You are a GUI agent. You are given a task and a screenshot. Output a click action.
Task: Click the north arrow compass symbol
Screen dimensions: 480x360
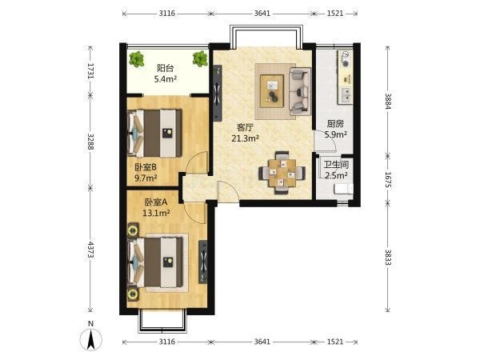tap(91, 339)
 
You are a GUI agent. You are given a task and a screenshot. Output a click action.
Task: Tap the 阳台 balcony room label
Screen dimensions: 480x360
tap(166, 68)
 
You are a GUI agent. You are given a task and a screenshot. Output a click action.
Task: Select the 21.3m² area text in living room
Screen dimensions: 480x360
tap(246, 138)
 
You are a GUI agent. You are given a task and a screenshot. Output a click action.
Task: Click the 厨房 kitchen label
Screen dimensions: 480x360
tap(335, 124)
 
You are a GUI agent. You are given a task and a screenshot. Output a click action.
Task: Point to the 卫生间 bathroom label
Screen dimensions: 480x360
tap(336, 165)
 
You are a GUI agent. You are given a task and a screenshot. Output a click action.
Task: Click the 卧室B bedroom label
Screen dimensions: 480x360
tap(146, 167)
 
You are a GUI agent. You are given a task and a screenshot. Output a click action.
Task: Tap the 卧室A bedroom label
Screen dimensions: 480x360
tap(156, 202)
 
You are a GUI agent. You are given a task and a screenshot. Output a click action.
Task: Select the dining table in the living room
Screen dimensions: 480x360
tap(282, 173)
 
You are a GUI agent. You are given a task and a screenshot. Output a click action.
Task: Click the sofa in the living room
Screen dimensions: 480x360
tap(300, 91)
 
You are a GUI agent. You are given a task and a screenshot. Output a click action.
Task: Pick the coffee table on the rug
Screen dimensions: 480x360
tap(272, 91)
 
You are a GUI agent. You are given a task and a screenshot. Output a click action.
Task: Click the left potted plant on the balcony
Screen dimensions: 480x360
tap(137, 59)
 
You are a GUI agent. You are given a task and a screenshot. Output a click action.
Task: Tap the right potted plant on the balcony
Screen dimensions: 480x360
tap(200, 58)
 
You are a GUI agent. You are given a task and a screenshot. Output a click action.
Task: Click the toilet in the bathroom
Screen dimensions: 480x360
tap(343, 189)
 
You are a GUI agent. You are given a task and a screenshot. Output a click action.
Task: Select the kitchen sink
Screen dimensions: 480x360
tap(346, 94)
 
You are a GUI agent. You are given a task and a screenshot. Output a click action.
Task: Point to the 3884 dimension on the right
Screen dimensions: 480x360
tap(388, 101)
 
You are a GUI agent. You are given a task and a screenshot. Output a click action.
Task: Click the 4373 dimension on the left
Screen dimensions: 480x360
tap(90, 250)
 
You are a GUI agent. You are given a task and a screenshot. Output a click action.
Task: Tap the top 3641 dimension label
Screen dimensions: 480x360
tap(262, 14)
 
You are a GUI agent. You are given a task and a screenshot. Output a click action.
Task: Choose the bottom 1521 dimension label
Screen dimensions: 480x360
tap(335, 342)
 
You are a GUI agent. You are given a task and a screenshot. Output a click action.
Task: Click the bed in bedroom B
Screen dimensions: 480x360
tap(154, 133)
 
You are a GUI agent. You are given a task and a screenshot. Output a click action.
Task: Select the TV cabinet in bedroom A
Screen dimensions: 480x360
tap(203, 262)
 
